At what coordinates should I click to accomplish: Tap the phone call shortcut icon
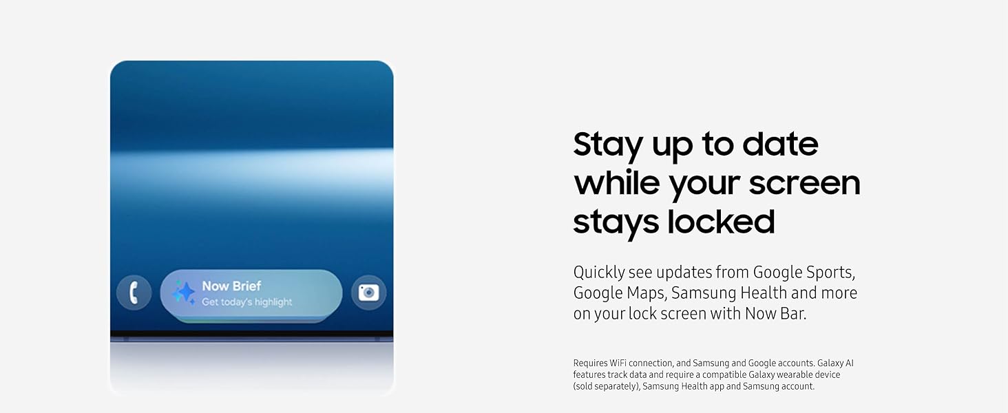134,293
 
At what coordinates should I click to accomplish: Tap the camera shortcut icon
368,293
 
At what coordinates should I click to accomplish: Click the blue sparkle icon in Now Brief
184,293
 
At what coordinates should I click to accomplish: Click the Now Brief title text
231,286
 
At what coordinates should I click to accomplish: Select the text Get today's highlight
246,302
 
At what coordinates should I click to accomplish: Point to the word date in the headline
780,144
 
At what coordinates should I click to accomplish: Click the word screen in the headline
805,184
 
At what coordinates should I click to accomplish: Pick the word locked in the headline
721,222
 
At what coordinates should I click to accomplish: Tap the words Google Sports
804,273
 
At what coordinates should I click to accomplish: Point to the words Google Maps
619,293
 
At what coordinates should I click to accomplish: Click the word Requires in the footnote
590,363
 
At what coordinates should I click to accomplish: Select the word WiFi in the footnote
618,363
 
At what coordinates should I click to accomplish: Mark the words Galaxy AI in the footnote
835,363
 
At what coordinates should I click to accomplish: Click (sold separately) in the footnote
607,386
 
